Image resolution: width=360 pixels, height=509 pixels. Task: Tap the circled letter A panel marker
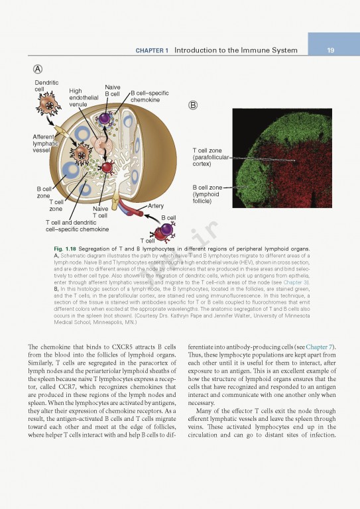pyautogui.click(x=39, y=70)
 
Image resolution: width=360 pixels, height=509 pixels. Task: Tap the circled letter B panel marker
pyautogui.click(x=193, y=105)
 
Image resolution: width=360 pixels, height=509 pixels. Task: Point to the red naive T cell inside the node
pyautogui.click(x=106, y=168)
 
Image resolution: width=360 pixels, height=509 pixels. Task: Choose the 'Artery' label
pyautogui.click(x=151, y=206)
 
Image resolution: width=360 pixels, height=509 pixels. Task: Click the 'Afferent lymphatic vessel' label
pyautogui.click(x=46, y=143)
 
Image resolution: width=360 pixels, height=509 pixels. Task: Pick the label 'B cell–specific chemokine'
pyautogui.click(x=150, y=96)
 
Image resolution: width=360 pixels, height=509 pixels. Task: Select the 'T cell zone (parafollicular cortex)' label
pyautogui.click(x=210, y=157)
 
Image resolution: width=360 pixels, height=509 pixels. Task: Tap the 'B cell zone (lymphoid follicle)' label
pyautogui.click(x=208, y=194)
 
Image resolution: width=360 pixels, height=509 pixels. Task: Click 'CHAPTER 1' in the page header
pyautogui.click(x=152, y=50)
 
